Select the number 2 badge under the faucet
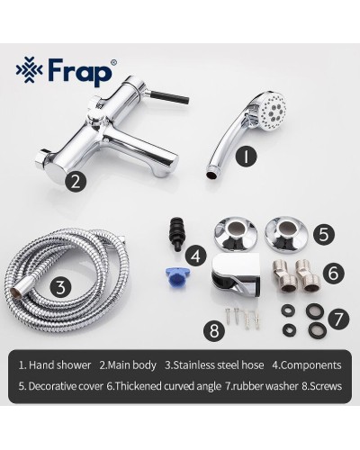pyautogui.click(x=77, y=181)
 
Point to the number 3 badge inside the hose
pyautogui.click(x=59, y=287)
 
